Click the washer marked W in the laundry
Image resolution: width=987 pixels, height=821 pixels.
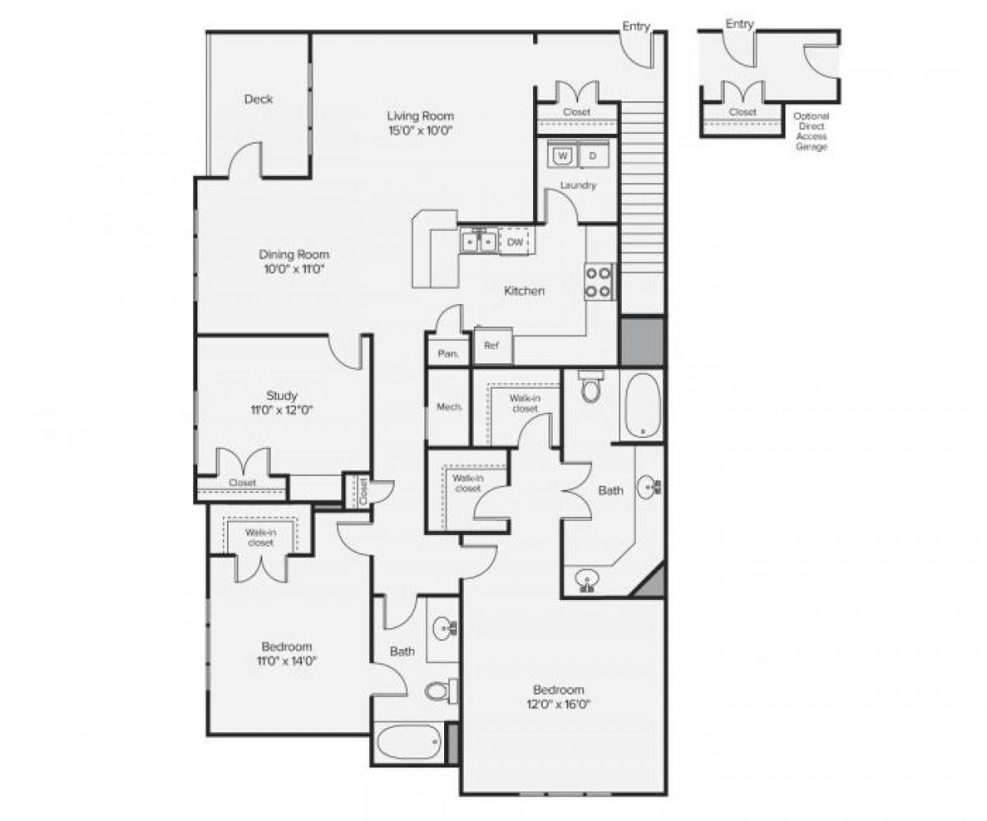point(563,155)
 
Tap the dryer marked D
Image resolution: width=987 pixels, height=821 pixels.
point(593,155)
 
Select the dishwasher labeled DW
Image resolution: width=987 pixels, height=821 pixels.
point(515,242)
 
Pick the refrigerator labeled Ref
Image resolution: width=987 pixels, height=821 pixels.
point(492,345)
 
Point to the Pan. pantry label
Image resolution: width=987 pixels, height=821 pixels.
point(447,353)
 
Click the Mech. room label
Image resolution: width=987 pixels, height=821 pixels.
point(448,407)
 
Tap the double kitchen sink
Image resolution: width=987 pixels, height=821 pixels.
point(478,242)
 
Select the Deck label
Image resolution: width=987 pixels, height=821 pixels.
point(258,99)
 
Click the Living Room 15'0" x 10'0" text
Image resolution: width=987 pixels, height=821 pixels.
point(420,122)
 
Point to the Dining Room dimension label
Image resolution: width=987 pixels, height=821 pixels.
point(294,261)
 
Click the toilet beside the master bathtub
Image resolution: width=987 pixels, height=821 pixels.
point(591,389)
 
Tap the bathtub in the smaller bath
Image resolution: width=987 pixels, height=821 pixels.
point(409,745)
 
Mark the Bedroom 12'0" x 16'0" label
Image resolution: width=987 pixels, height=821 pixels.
point(558,696)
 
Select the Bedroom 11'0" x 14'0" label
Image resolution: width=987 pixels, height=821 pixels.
point(286,653)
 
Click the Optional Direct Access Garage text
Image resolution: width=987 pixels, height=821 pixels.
point(811,131)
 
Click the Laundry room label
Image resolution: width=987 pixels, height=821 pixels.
point(577,186)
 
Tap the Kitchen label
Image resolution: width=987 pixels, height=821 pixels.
point(524,291)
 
